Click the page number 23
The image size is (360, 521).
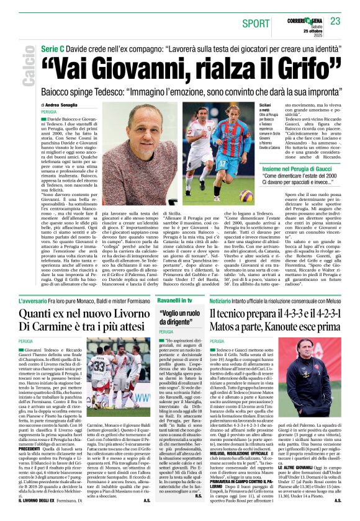(x=335, y=21)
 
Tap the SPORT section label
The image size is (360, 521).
(x=256, y=23)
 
